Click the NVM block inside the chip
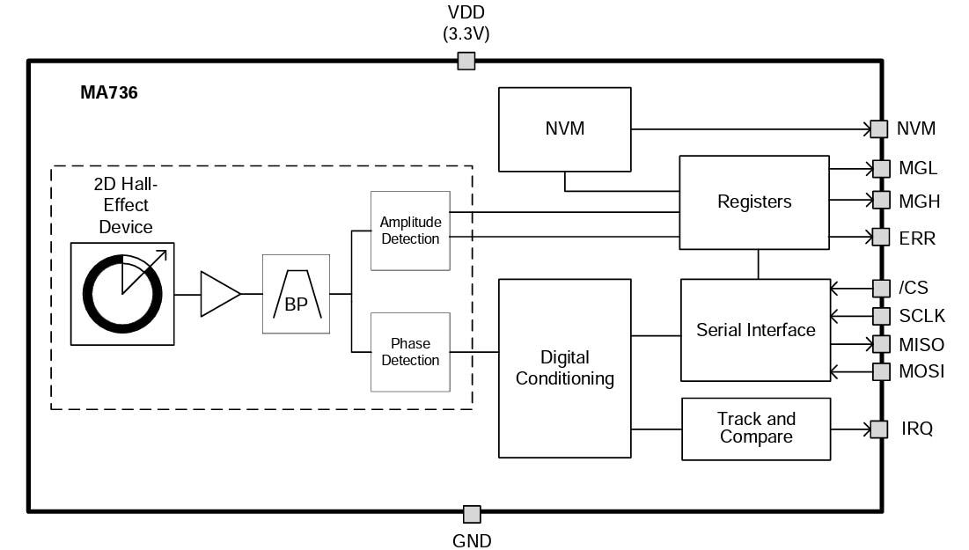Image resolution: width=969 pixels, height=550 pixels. pyautogui.click(x=564, y=128)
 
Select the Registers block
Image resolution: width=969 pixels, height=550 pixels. pyautogui.click(x=753, y=202)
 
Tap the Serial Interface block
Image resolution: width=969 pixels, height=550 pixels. pyautogui.click(x=755, y=330)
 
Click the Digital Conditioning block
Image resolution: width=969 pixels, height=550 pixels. pyautogui.click(x=564, y=368)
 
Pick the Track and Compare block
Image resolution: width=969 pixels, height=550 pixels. pyautogui.click(x=755, y=429)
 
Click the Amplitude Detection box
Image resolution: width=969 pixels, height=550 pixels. pyautogui.click(x=410, y=231)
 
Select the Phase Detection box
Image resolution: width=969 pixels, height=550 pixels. pyautogui.click(x=410, y=352)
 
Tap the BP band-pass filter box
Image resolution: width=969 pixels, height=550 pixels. pyautogui.click(x=296, y=294)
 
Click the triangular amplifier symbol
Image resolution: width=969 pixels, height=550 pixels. pyautogui.click(x=218, y=294)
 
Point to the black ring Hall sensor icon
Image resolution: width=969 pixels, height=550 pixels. pyautogui.click(x=122, y=294)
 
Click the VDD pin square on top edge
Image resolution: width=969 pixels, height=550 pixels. pyautogui.click(x=466, y=61)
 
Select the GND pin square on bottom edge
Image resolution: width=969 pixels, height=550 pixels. pyautogui.click(x=472, y=514)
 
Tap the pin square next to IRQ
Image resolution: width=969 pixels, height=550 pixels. pyautogui.click(x=878, y=429)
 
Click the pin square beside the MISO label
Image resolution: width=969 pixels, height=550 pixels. pyautogui.click(x=881, y=343)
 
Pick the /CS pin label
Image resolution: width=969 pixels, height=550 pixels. pyautogui.click(x=913, y=288)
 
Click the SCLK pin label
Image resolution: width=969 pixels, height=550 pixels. pyautogui.click(x=920, y=316)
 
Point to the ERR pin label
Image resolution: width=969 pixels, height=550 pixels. pyautogui.click(x=916, y=238)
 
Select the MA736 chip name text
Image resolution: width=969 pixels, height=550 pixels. pyautogui.click(x=109, y=92)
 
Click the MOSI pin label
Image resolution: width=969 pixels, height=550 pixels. pyautogui.click(x=921, y=371)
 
